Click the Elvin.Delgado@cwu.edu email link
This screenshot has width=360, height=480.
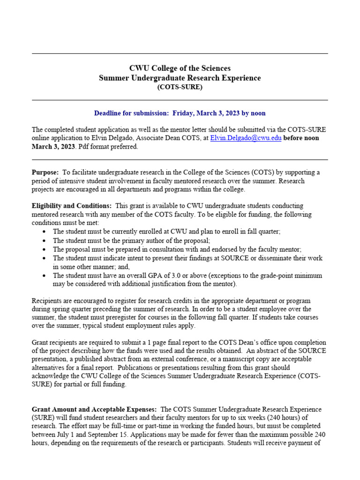tap(246, 138)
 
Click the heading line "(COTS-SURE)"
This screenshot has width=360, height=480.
tap(180, 87)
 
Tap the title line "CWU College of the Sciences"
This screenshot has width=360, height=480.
tap(180, 68)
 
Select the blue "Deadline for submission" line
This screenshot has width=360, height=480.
tap(180, 113)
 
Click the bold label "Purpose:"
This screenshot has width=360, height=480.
tap(45, 172)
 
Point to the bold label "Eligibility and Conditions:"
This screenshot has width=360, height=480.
tap(72, 206)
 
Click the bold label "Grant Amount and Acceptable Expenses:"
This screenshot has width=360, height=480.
tap(94, 409)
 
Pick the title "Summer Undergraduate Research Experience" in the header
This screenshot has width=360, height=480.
tap(180, 78)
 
